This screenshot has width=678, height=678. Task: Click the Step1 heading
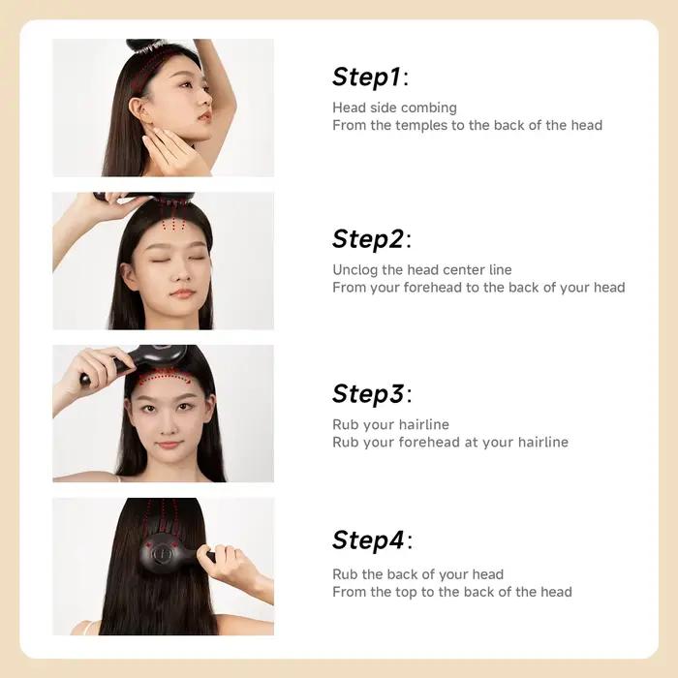coord(370,77)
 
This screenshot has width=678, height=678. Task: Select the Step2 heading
coord(372,238)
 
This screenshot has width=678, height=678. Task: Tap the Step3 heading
coord(372,393)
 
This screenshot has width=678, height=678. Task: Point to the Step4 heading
coord(372,539)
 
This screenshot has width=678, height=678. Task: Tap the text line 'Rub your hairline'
coord(390,424)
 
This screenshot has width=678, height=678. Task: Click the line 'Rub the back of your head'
coord(417,574)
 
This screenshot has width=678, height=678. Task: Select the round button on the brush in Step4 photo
coord(159,553)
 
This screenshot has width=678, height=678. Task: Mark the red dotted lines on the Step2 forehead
coord(173,224)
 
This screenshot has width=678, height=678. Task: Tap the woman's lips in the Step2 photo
coord(183,293)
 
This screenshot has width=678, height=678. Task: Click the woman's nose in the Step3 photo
coord(169,426)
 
